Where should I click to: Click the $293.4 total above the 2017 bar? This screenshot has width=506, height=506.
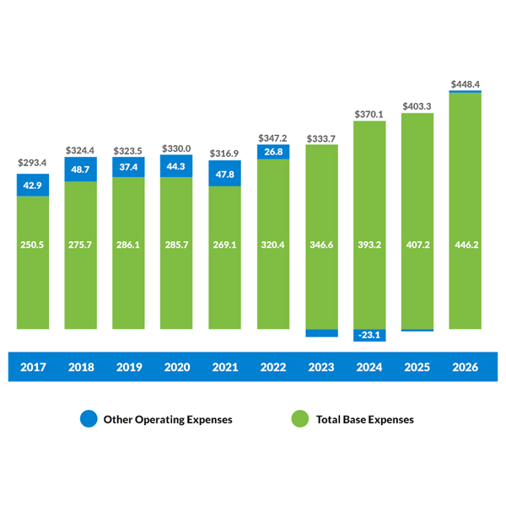pyautogui.click(x=33, y=163)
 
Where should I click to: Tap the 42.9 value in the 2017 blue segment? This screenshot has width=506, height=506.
pyautogui.click(x=33, y=186)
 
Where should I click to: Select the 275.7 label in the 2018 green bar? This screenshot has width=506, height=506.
pyautogui.click(x=81, y=246)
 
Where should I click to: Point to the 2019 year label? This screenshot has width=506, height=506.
pyautogui.click(x=129, y=367)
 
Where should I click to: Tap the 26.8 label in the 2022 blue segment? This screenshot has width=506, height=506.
pyautogui.click(x=273, y=153)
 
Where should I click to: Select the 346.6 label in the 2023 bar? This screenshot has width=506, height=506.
pyautogui.click(x=321, y=246)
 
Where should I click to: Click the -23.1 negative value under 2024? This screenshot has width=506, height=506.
pyautogui.click(x=369, y=335)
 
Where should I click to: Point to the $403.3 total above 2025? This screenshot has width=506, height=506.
pyautogui.click(x=417, y=105)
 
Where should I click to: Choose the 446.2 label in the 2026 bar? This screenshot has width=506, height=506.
pyautogui.click(x=466, y=246)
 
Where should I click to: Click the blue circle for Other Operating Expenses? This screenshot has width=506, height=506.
pyautogui.click(x=89, y=419)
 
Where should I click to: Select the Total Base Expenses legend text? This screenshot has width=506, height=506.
pyautogui.click(x=364, y=419)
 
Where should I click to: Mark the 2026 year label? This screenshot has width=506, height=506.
pyautogui.click(x=466, y=367)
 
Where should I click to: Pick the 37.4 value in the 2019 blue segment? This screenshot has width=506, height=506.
pyautogui.click(x=129, y=168)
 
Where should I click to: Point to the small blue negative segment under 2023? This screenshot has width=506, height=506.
pyautogui.click(x=321, y=332)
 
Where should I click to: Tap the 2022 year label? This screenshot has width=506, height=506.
pyautogui.click(x=273, y=367)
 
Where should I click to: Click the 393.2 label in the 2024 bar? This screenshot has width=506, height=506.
pyautogui.click(x=369, y=246)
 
